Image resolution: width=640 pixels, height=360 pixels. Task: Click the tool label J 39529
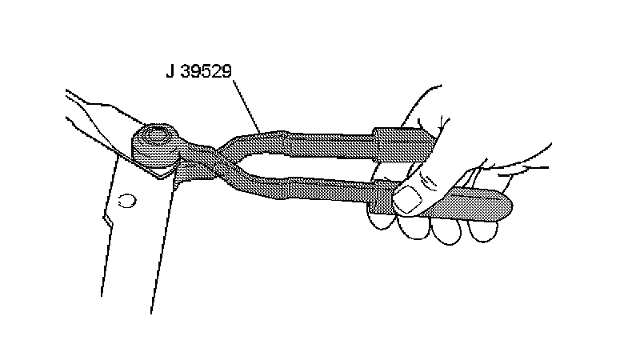[x=200, y=71]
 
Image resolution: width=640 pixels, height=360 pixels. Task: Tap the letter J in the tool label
[x=170, y=71]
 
